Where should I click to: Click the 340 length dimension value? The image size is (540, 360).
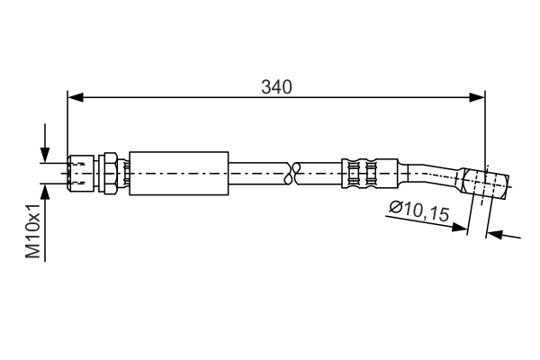[x=276, y=87]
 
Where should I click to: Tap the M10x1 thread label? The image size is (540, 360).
[x=33, y=230]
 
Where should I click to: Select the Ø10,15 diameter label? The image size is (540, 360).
[x=419, y=211]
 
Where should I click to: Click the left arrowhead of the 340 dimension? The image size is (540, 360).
[x=76, y=97]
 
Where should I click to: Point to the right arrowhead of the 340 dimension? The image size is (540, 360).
[x=477, y=97]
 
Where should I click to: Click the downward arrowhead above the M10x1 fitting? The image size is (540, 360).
[x=45, y=155]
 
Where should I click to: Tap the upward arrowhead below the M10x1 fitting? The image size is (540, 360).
[x=45, y=192]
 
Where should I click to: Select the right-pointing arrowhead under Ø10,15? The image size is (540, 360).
[x=460, y=227]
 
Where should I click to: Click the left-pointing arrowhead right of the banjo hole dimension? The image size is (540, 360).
[x=494, y=234]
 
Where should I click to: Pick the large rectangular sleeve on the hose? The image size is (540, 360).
[x=179, y=174]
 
